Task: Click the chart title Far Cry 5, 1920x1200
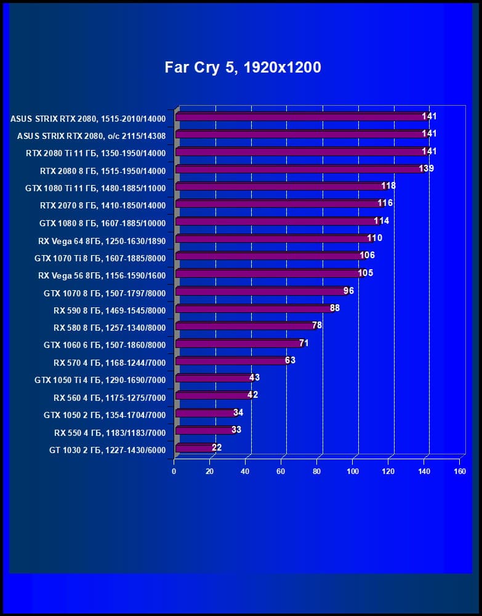point(243,67)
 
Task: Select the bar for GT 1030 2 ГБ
point(195,449)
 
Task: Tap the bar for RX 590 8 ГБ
point(254,309)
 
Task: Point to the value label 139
point(426,168)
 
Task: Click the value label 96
point(348,291)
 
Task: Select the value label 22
point(217,448)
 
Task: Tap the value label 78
point(316,325)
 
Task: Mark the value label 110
point(374,238)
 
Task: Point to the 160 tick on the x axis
point(459,472)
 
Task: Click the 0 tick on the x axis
point(174,472)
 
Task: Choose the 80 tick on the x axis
point(317,472)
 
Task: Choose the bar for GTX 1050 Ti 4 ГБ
point(213,379)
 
